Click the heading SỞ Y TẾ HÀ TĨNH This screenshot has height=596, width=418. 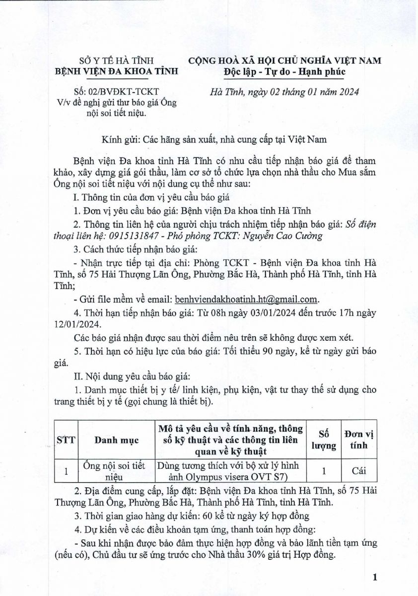pyautogui.click(x=116, y=61)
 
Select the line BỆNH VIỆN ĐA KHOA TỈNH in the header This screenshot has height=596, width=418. pyautogui.click(x=116, y=72)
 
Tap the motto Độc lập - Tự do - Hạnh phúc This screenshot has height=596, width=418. pyautogui.click(x=284, y=72)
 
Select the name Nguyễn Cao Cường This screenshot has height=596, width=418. pyautogui.click(x=287, y=236)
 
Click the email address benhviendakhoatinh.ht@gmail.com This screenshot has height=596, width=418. pyautogui.click(x=246, y=299)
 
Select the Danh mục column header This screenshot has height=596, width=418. pyautogui.click(x=116, y=440)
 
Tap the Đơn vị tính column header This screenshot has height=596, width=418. pyautogui.click(x=359, y=440)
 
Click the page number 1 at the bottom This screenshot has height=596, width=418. pyautogui.click(x=375, y=577)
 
